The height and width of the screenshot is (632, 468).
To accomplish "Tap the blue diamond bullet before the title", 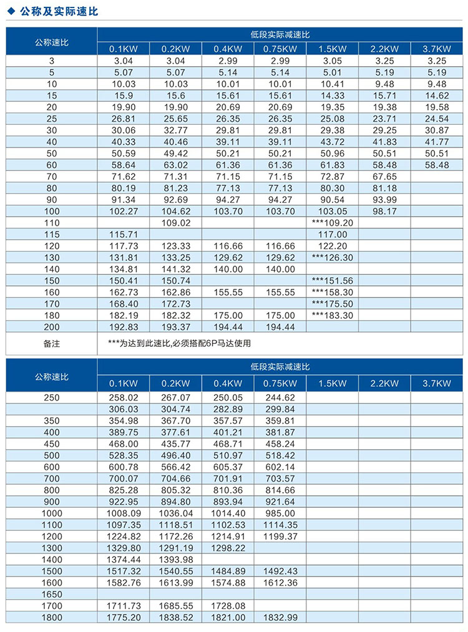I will (9, 11).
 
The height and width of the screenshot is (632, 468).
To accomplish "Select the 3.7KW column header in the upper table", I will (436, 49).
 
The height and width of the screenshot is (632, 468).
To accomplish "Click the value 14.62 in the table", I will (436, 95).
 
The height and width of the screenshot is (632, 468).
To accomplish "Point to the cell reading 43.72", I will (332, 142).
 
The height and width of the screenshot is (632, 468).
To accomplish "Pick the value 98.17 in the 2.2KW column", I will (384, 211).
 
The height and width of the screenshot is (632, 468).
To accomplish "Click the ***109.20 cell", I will (332, 223).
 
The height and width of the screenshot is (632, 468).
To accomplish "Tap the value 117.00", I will (332, 234).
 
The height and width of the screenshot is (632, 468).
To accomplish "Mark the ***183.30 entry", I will (332, 315).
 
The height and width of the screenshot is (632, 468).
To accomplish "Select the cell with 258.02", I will (124, 397).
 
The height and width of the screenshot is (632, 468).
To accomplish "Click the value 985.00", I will (280, 513).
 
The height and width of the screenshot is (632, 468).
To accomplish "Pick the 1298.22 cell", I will (228, 548).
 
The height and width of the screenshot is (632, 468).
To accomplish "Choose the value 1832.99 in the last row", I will (280, 617).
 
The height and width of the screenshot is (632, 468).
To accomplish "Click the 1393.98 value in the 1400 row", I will (176, 559).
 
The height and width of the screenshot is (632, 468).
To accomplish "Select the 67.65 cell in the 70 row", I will (384, 177).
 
